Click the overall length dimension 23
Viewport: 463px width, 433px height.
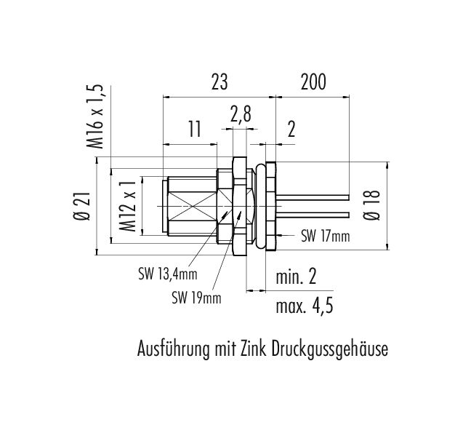pyautogui.click(x=220, y=82)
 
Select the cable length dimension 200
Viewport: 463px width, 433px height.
pyautogui.click(x=313, y=82)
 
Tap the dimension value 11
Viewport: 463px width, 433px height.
pyautogui.click(x=195, y=129)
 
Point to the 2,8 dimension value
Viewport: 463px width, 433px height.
pyautogui.click(x=241, y=114)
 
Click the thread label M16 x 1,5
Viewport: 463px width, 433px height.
pyautogui.click(x=95, y=116)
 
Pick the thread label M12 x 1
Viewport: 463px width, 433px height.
pyautogui.click(x=128, y=206)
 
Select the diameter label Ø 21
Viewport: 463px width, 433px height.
pyautogui.click(x=81, y=206)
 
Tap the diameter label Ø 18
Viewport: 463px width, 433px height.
pyautogui.click(x=371, y=205)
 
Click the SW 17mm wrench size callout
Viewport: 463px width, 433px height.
pyautogui.click(x=325, y=236)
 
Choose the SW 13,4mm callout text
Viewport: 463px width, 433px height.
pyautogui.click(x=167, y=274)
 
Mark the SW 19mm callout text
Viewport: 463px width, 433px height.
pyautogui.click(x=196, y=298)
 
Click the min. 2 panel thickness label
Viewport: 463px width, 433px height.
pyautogui.click(x=296, y=277)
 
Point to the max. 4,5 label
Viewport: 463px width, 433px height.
pyautogui.click(x=305, y=306)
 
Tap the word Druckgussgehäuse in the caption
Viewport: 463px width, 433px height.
pyautogui.click(x=329, y=349)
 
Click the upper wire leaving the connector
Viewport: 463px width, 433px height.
pyautogui.click(x=313, y=197)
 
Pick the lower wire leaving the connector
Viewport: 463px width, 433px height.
pyautogui.click(x=313, y=215)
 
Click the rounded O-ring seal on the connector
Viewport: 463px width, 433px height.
pyautogui.click(x=260, y=206)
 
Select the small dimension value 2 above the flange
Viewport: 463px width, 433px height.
pyautogui.click(x=291, y=129)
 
